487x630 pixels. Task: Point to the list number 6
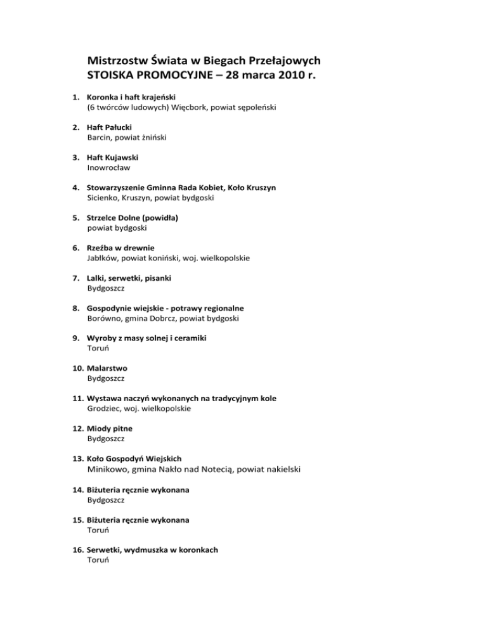tap(75, 248)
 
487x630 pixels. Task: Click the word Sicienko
tap(103, 198)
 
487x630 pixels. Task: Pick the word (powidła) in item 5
tap(157, 217)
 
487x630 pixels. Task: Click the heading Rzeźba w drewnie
tap(121, 248)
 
